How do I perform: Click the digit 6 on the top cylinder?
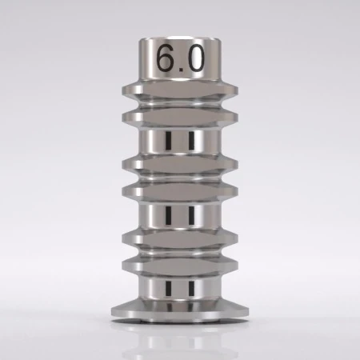coord(166,60)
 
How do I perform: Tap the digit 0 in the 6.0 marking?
coord(197,60)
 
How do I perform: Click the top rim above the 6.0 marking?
coord(180,38)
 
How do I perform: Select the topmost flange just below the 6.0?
coord(180,88)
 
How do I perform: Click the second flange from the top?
coord(180,118)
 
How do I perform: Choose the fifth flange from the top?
coord(180,237)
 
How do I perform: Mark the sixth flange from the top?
coord(180,263)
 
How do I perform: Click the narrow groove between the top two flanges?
coord(180,103)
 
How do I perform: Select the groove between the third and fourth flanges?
coord(180,177)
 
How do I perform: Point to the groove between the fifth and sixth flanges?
coord(180,250)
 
